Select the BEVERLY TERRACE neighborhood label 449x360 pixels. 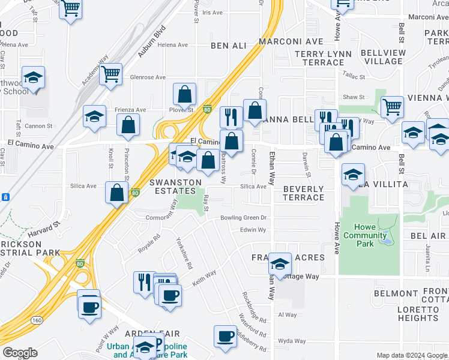(303, 193)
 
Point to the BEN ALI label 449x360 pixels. (229, 46)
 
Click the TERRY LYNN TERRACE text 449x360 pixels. (315, 58)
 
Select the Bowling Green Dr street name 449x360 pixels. (243, 218)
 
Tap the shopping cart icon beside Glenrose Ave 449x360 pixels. (110, 74)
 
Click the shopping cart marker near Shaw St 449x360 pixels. (392, 107)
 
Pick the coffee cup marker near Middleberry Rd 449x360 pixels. (226, 336)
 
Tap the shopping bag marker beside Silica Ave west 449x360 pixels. (116, 192)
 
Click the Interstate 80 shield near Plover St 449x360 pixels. (207, 109)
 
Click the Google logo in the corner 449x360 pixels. (20, 353)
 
